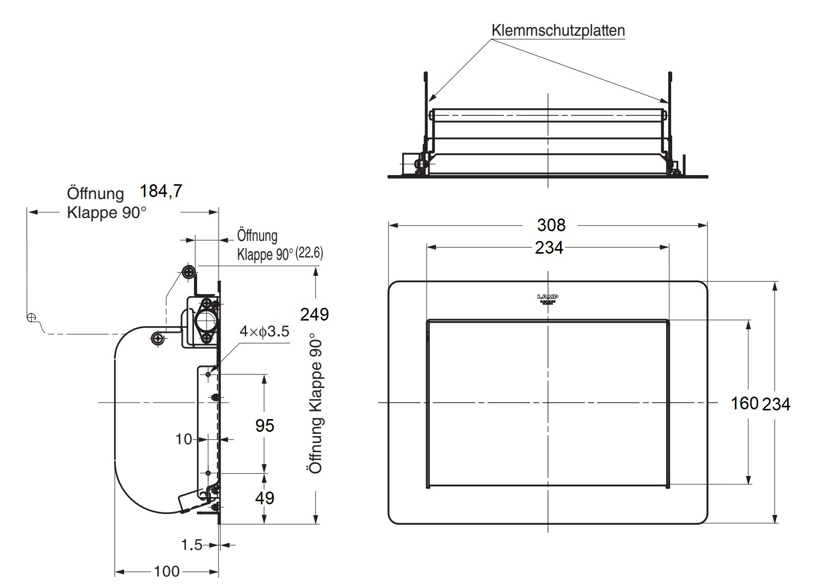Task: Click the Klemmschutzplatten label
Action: point(558,31)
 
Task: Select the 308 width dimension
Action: point(551,225)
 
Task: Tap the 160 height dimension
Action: point(744,403)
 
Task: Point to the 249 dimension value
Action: point(314,314)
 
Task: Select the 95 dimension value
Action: point(265,425)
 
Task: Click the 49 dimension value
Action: point(265,498)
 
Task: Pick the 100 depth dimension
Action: point(167,571)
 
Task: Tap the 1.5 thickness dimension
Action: point(192,545)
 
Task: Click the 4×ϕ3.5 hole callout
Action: point(264,332)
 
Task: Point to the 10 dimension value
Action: point(184,439)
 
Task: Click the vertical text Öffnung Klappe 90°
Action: point(316,403)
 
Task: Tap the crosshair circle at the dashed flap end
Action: point(31,317)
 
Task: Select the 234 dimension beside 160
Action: point(776,404)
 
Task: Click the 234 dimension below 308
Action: point(549,248)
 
